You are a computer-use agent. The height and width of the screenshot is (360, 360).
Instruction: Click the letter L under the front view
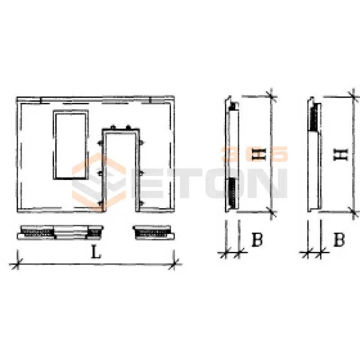coord(96,252)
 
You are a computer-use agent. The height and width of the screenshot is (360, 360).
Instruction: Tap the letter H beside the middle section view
coord(259,154)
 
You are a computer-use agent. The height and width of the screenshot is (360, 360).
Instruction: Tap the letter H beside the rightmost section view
coord(341,154)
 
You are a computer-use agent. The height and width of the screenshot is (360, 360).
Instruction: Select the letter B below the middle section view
coord(257,239)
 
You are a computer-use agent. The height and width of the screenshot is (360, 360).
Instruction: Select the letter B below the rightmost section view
coord(339,239)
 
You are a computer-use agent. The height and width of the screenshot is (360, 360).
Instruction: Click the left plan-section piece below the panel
coord(60,233)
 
